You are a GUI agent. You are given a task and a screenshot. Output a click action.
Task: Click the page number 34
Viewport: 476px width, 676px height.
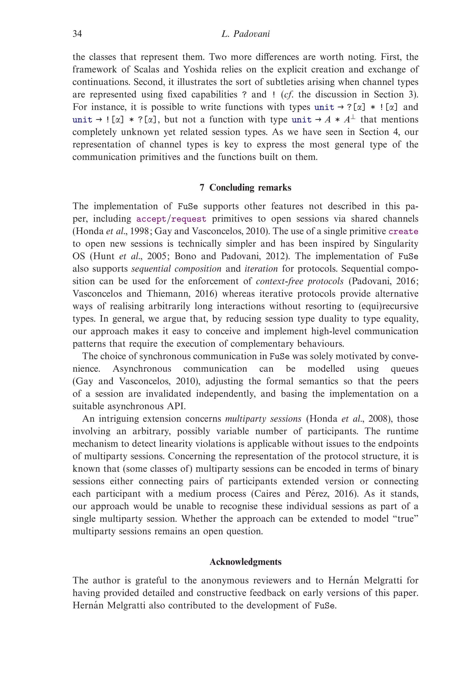(x=77, y=34)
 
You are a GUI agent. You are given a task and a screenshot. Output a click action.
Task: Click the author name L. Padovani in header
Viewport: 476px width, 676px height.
(x=245, y=34)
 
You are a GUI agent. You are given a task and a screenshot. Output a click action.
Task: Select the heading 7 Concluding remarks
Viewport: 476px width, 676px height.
(x=245, y=188)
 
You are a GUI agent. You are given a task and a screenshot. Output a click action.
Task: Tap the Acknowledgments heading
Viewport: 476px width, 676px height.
(x=245, y=562)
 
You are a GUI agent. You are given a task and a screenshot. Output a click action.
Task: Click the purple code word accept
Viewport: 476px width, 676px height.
(x=151, y=219)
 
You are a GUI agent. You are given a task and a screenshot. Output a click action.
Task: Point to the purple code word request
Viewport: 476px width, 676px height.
(x=189, y=219)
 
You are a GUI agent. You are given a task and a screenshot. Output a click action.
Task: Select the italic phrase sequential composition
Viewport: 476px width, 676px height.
(x=176, y=269)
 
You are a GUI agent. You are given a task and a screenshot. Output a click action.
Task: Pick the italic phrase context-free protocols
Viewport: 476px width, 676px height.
(x=299, y=282)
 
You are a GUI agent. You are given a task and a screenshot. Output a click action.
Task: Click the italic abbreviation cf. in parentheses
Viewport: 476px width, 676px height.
(x=289, y=95)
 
